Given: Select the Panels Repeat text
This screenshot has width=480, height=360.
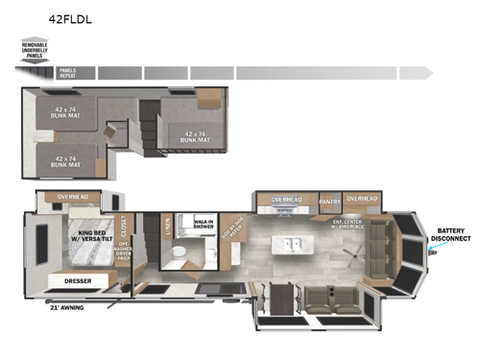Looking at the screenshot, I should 69,73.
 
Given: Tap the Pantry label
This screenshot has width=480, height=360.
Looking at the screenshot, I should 328,203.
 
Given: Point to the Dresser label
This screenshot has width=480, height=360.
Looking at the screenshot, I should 78,281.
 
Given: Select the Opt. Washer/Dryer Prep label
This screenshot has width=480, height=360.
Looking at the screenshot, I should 124,252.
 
